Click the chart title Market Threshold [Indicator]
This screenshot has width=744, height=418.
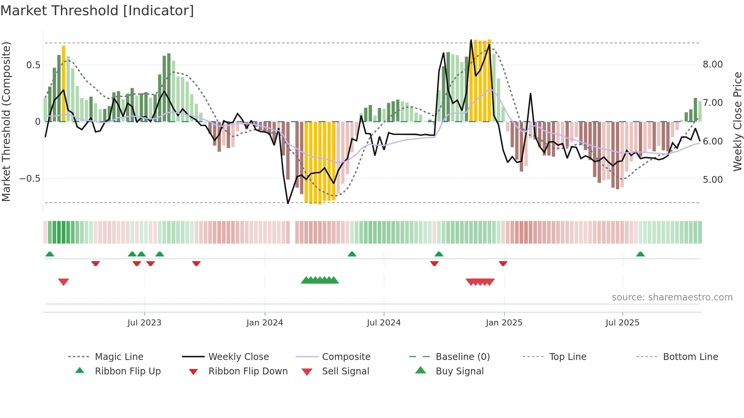[97, 11]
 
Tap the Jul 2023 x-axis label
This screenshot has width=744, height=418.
[144, 323]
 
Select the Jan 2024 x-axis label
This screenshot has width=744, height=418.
[265, 323]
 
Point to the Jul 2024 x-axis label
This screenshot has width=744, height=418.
[383, 323]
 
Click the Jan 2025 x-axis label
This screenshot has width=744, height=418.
[504, 323]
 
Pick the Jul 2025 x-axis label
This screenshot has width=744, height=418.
[622, 323]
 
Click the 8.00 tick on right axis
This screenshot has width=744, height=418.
[712, 64]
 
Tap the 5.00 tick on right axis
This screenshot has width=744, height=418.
[712, 180]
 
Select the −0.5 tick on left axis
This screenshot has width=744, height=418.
[30, 179]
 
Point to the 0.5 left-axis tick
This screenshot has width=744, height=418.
[33, 65]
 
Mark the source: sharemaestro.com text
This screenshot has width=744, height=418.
[672, 297]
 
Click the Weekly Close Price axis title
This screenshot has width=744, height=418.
[737, 121]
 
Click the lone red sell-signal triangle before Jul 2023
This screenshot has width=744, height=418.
[63, 282]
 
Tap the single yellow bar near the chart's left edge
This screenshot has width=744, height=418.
[63, 83]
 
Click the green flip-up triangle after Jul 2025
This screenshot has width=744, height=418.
[640, 254]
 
